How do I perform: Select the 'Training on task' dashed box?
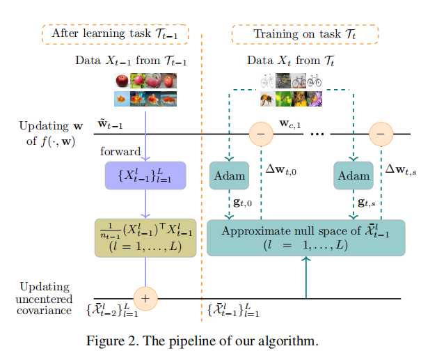[304, 34]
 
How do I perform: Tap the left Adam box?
[228, 175]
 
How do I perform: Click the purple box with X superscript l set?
[145, 175]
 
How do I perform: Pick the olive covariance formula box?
[145, 237]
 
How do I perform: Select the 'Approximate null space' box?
[305, 237]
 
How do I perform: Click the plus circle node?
[145, 298]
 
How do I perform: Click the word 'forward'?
[120, 151]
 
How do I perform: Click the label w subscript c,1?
[290, 124]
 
